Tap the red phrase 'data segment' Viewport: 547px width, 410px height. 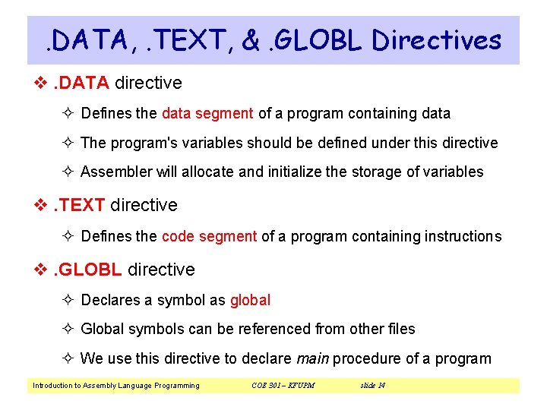207,114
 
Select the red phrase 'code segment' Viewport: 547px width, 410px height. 209,236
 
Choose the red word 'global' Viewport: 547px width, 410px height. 250,300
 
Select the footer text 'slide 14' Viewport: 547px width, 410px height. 372,386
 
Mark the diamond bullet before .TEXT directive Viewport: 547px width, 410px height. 41,206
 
